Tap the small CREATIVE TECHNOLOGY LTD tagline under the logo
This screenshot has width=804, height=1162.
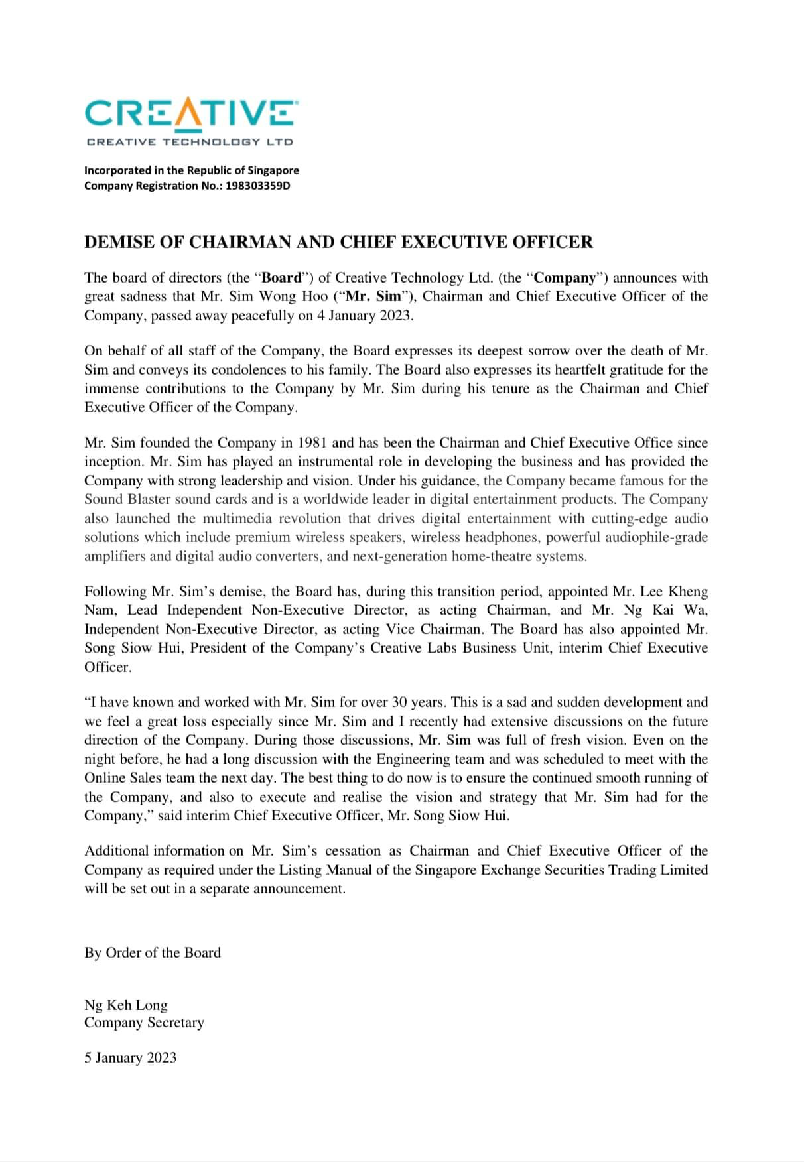pyautogui.click(x=190, y=142)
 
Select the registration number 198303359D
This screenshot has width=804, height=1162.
pyautogui.click(x=258, y=186)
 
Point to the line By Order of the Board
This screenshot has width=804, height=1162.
pyautogui.click(x=152, y=953)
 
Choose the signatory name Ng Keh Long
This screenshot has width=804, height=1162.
pyautogui.click(x=125, y=1005)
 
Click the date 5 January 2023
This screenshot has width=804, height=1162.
pyautogui.click(x=130, y=1058)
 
